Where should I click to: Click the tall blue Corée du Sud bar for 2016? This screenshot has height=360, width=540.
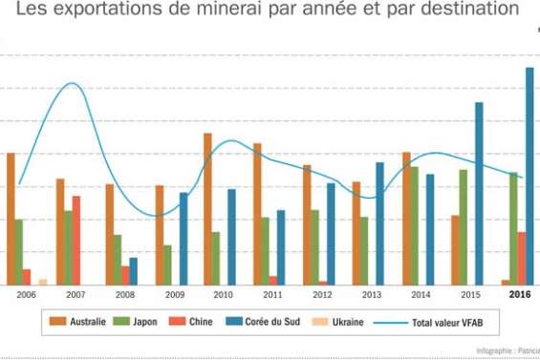coord(529,176)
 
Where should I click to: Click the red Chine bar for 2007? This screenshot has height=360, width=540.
coord(76,240)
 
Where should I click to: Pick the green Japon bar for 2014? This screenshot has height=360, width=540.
coord(414,225)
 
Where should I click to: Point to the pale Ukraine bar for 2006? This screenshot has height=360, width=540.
coord(43,281)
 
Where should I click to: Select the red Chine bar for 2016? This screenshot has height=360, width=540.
coord(522,258)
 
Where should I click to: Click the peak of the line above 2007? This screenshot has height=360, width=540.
coord(73,84)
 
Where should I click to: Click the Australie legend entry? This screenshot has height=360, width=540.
coord(80,323)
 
